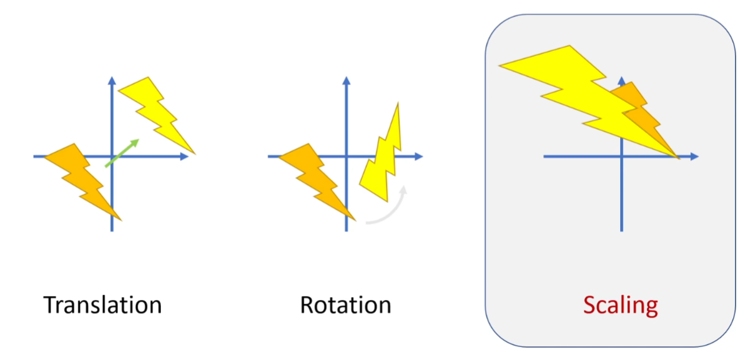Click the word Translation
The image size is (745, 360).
(x=102, y=305)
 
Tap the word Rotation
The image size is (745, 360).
(x=346, y=305)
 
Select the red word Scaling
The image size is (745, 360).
(x=620, y=305)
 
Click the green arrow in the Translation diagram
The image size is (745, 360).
(x=122, y=153)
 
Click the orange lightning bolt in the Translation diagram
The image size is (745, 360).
(x=83, y=177)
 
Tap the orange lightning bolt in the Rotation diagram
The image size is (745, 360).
(x=317, y=177)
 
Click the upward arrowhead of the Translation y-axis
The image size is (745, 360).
(x=111, y=81)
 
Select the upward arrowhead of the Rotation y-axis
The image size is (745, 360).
(x=346, y=81)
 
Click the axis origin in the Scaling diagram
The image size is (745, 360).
(x=621, y=156)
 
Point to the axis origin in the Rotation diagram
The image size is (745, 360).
(x=346, y=156)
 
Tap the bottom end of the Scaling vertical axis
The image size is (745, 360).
(x=621, y=230)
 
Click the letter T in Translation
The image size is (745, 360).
(x=50, y=305)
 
